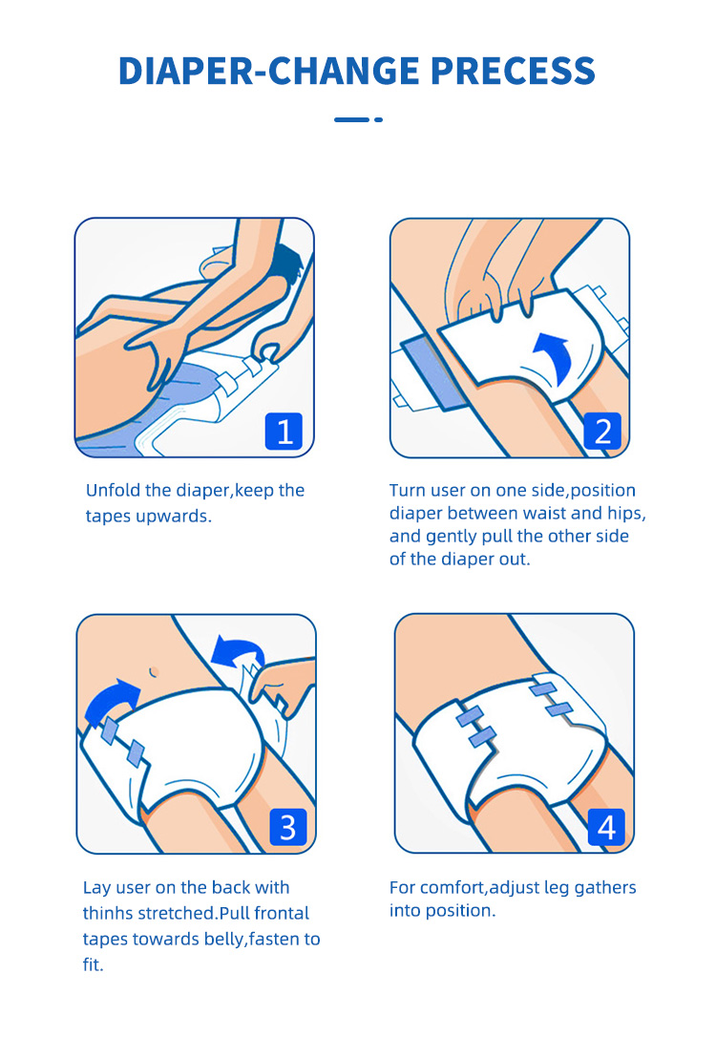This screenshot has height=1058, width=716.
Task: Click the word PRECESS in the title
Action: click(x=513, y=71)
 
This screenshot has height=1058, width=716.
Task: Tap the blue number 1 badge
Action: click(x=284, y=432)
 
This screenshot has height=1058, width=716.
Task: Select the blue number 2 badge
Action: click(x=602, y=432)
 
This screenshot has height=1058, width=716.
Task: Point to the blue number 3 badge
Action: click(x=288, y=827)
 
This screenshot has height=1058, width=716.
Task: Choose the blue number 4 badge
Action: click(x=606, y=827)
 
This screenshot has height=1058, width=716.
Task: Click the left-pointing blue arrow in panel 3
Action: click(x=236, y=649)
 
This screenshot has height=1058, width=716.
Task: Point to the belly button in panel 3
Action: click(x=154, y=671)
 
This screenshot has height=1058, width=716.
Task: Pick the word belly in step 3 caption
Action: click(x=224, y=940)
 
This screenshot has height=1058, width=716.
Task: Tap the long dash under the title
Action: click(x=351, y=119)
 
